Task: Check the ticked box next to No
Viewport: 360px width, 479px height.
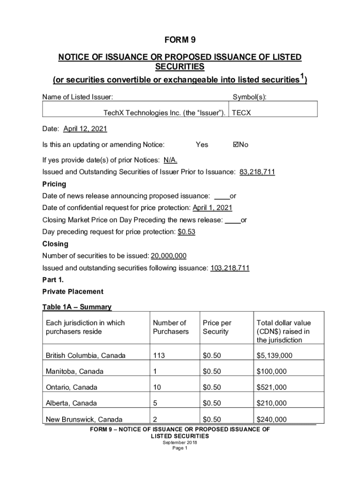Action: (236, 145)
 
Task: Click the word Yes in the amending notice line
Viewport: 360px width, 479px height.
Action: (202, 145)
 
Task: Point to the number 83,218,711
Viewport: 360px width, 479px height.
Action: (257, 172)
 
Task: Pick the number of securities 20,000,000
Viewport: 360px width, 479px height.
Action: (168, 256)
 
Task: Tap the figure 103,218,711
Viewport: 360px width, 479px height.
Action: (230, 268)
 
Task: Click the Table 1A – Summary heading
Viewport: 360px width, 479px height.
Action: (77, 307)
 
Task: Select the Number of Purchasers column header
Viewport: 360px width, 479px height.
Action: (171, 327)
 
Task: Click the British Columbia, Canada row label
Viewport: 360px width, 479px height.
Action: (86, 356)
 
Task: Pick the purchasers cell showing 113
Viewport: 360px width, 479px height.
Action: (158, 356)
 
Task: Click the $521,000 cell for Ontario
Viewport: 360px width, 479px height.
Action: (271, 387)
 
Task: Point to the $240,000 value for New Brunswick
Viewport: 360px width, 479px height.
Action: (271, 419)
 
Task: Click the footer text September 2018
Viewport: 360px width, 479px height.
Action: (180, 442)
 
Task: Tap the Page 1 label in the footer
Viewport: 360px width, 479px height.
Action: (180, 448)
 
